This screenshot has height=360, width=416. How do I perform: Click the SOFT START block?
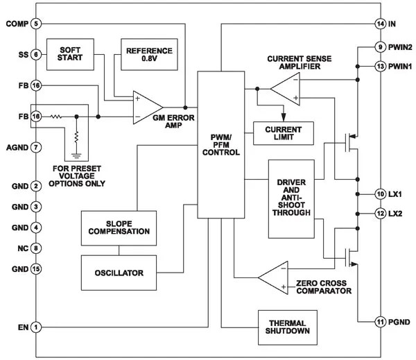pyautogui.click(x=70, y=54)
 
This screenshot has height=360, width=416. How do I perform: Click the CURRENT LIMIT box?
pyautogui.click(x=284, y=131)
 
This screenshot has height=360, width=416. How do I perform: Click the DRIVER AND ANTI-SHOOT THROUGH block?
pyautogui.click(x=291, y=197)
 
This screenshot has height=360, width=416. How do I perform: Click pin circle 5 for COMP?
pyautogui.click(x=37, y=24)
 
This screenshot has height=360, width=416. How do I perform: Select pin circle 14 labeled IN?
pyautogui.click(x=380, y=24)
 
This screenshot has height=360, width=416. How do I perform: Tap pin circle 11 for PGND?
pyautogui.click(x=380, y=322)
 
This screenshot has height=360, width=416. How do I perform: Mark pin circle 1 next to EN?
pyautogui.click(x=37, y=327)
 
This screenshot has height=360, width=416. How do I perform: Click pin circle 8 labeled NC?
pyautogui.click(x=37, y=248)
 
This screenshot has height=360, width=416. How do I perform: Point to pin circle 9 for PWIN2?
pyautogui.click(x=380, y=47)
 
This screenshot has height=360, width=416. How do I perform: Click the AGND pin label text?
pyautogui.click(x=16, y=147)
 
